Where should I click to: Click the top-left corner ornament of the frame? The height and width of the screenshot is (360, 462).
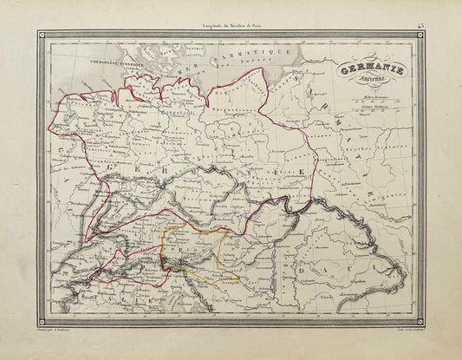[42, 36]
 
